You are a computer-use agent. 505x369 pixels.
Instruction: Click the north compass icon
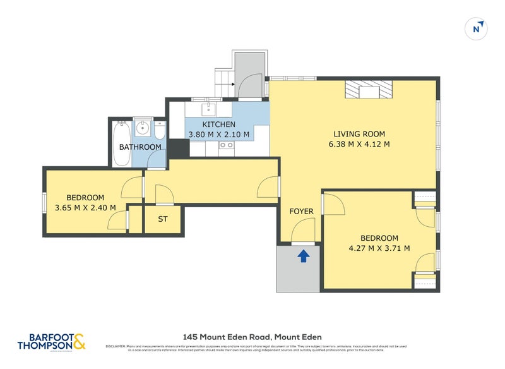(x=477, y=28)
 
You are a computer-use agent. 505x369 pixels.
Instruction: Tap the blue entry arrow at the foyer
(x=304, y=256)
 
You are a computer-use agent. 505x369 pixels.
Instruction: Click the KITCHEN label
(x=218, y=124)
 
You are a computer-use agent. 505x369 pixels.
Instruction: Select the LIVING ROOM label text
(x=359, y=134)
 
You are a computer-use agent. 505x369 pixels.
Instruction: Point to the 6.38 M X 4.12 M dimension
(x=359, y=144)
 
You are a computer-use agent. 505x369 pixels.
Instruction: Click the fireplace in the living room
(x=368, y=90)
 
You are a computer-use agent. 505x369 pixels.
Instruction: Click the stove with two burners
(x=226, y=145)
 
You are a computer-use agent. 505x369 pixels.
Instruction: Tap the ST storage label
(x=163, y=220)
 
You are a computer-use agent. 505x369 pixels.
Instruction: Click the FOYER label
(x=301, y=211)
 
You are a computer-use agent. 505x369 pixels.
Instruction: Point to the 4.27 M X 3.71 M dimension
(x=379, y=248)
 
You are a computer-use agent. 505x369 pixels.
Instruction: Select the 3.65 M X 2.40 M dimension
(x=85, y=207)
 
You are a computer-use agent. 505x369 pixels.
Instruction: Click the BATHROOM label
(x=140, y=147)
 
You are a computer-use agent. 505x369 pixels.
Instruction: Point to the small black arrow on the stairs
(x=232, y=84)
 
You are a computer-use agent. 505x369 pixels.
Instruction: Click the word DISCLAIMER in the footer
(x=116, y=346)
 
